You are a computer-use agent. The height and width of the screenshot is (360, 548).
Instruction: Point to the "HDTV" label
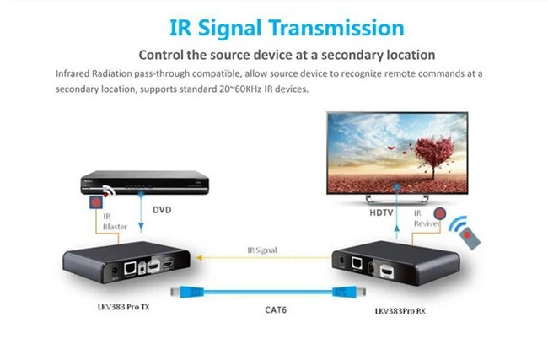(x=382, y=214)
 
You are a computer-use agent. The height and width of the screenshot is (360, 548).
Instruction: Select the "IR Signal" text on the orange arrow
(x=262, y=250)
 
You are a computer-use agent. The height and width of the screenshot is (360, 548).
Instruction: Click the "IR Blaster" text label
(x=115, y=221)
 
